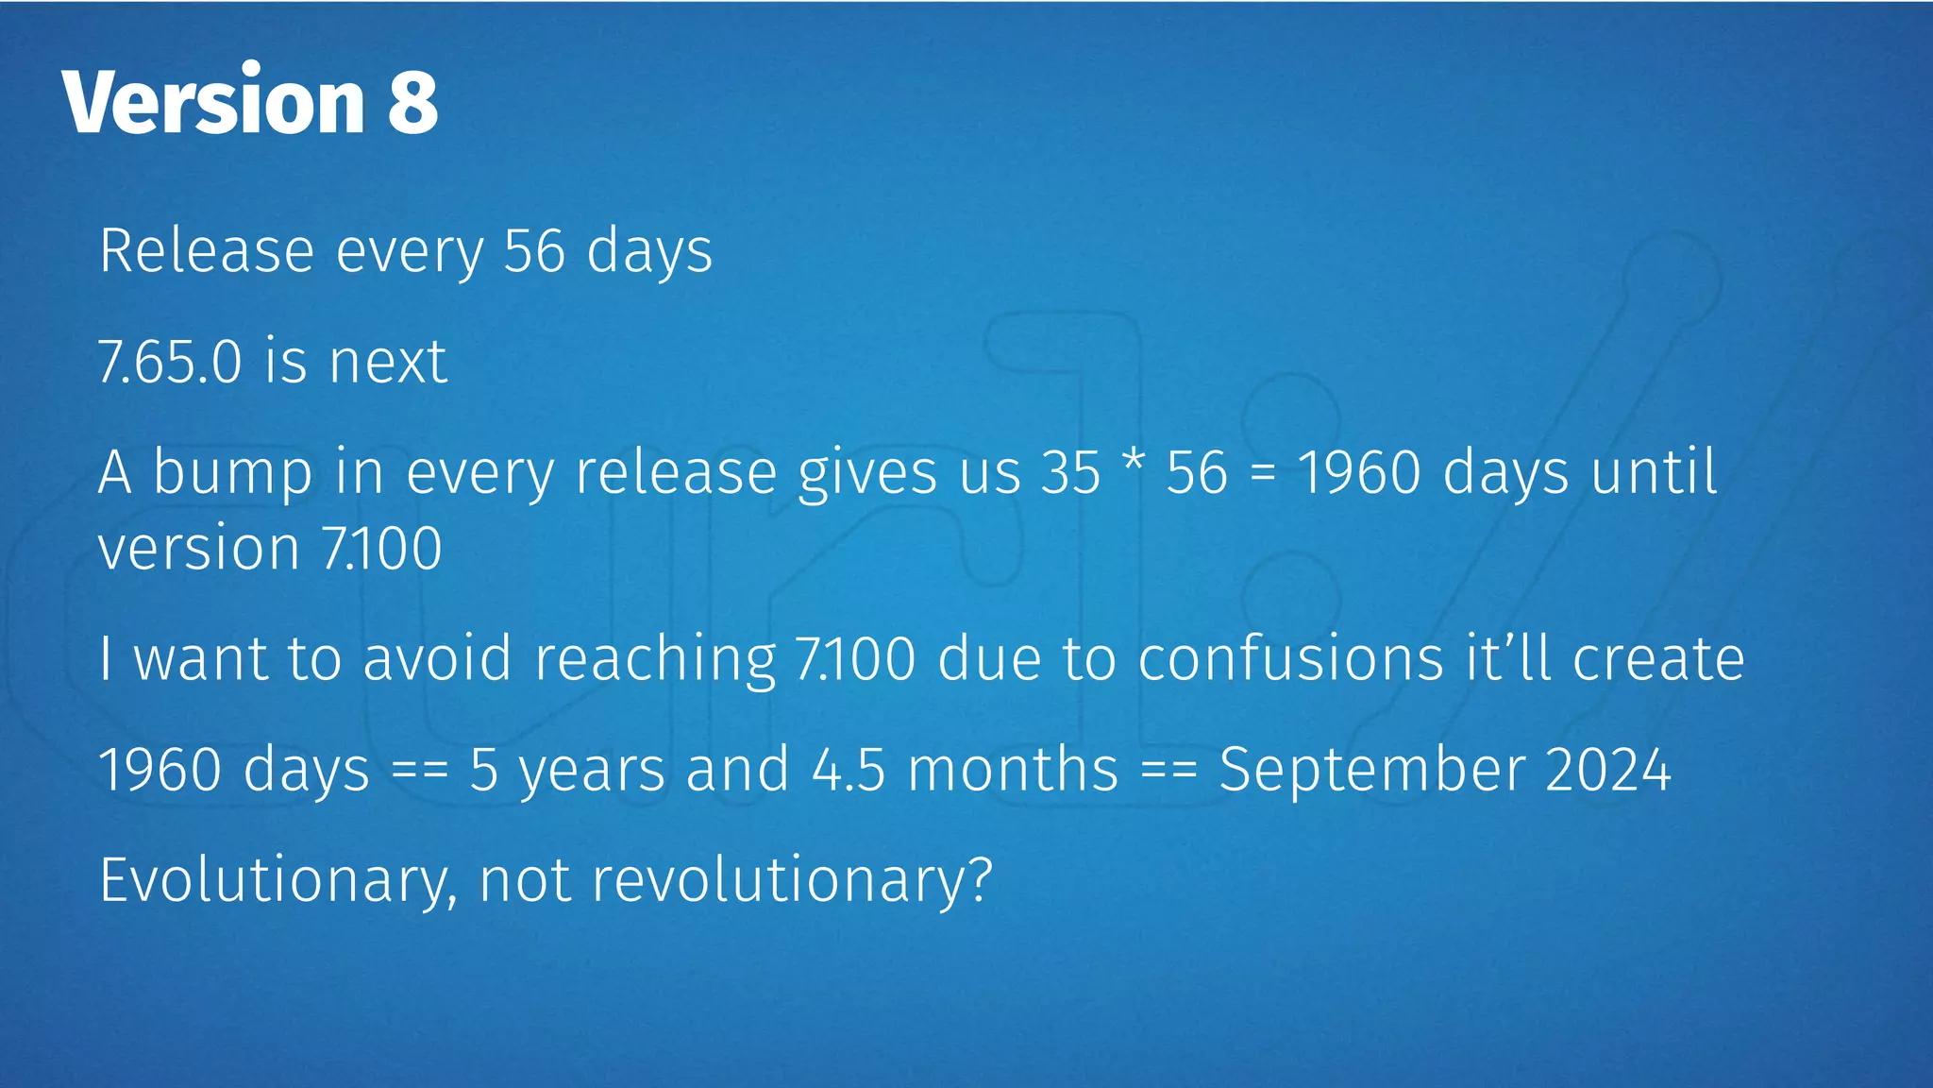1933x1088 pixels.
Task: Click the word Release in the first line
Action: pos(207,251)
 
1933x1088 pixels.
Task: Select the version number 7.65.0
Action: pos(170,362)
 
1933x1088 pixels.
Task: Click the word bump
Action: pos(232,472)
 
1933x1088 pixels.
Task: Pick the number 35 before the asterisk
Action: pos(1070,472)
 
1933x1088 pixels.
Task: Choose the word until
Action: pos(1654,472)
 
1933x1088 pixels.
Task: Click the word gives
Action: pos(867,472)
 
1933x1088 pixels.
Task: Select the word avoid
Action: pos(437,658)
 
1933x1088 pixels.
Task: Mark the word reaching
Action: pos(655,658)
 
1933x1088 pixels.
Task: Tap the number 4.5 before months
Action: pos(849,769)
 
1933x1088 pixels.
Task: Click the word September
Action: pos(1371,769)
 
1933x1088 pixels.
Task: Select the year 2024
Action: pos(1608,769)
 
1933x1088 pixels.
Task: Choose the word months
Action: pos(1013,769)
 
